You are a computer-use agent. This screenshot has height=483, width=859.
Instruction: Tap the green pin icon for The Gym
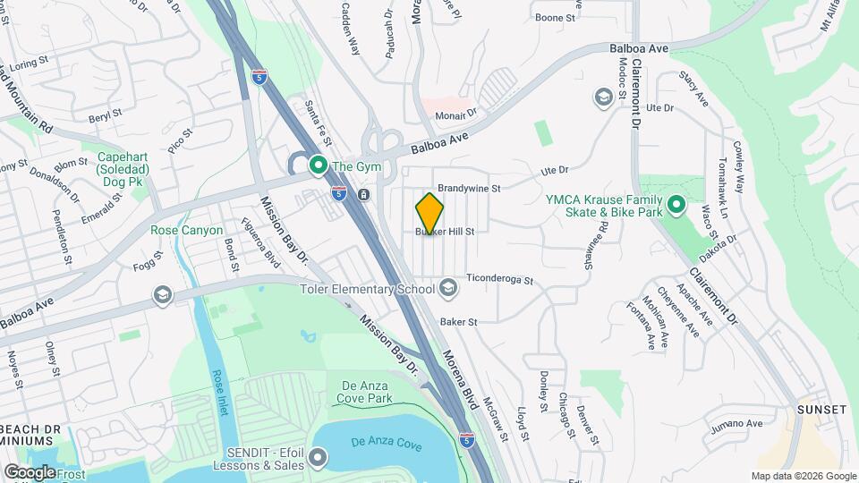(x=317, y=165)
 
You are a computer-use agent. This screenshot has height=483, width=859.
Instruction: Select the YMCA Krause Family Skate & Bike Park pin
(x=677, y=206)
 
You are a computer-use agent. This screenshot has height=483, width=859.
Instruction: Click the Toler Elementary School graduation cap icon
(x=447, y=288)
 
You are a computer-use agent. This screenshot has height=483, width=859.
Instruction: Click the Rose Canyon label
(x=186, y=230)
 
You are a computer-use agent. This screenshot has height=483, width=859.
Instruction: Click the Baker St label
(x=458, y=321)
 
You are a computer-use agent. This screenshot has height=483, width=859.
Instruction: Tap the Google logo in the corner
(x=30, y=471)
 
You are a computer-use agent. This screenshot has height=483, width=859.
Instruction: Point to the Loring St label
(x=29, y=64)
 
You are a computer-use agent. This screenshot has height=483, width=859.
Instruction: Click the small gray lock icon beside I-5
(x=364, y=194)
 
